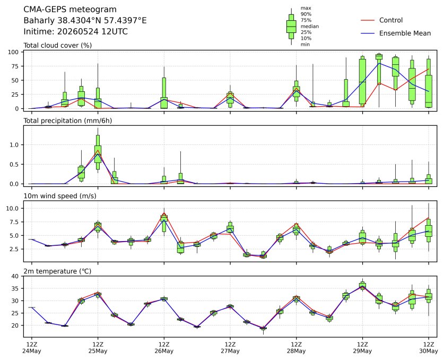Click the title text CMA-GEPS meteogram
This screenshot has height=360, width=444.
pos(70,10)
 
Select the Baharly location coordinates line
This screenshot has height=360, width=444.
pos(85,20)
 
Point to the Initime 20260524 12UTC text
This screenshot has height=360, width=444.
pos(76,31)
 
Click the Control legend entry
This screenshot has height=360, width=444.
pos(381,20)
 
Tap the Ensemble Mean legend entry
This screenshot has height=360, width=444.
pos(396,33)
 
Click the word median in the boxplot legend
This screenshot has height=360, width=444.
pos(310,27)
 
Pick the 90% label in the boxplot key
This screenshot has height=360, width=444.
pos(306,14)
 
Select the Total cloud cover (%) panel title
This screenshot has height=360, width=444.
pos(57,45)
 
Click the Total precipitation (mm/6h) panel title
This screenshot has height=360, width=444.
pos(68,121)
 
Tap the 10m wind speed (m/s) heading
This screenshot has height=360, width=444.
pos(60,196)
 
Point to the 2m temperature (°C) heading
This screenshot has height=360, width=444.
pos(57,271)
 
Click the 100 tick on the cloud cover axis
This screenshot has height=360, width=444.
pos(13,52)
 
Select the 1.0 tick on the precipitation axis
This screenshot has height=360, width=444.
pos(14,145)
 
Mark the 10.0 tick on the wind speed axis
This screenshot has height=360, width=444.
pos(12,208)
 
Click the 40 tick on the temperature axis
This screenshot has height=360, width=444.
pos(15,276)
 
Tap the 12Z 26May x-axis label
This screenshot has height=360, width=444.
pos(164,348)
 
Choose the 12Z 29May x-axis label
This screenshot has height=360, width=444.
pos(362,348)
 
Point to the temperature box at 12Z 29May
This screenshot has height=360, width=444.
pos(362,286)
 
